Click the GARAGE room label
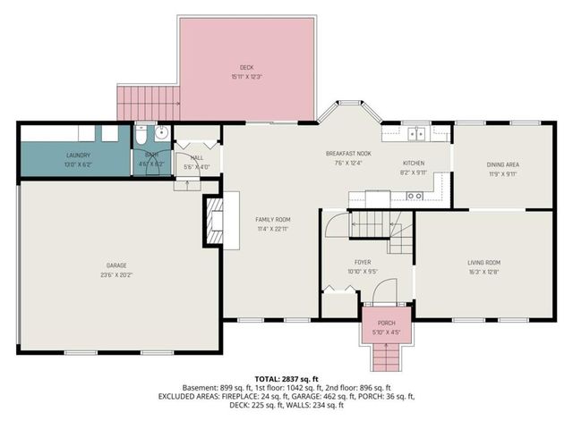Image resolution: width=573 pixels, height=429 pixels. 115,265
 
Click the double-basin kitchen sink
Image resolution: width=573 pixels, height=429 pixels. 415,135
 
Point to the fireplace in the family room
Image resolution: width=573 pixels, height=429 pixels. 214,221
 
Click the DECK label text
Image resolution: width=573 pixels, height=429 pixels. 246,68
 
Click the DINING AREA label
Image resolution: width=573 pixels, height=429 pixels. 502,164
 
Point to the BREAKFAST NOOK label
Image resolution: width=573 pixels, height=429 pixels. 348,154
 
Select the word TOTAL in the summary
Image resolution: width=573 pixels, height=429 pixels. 268,379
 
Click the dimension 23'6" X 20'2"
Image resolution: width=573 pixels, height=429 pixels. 115,275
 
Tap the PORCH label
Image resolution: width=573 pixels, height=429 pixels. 386,324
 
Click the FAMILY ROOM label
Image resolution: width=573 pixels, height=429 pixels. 273,219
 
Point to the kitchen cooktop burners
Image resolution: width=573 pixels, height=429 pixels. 415,195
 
